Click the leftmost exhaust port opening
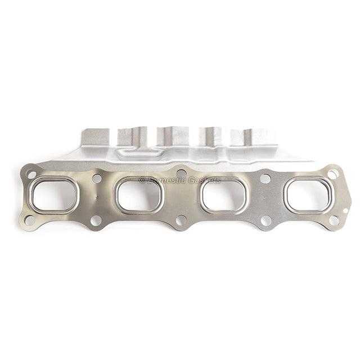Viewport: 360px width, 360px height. tap(53, 195)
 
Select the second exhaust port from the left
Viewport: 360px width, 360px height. tap(139, 195)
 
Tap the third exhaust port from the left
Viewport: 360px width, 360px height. tap(224, 195)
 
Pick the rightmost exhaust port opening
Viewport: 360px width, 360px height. tap(308, 195)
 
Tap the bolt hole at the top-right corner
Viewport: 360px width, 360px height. tap(332, 174)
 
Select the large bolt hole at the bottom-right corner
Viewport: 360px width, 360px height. tap(334, 220)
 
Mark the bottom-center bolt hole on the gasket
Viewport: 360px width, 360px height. tap(181, 220)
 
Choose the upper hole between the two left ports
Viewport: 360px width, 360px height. tap(97, 178)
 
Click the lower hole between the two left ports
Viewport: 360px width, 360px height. tap(96, 220)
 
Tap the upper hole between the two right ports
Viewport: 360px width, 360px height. tap(265, 178)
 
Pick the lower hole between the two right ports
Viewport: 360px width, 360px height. tap(266, 220)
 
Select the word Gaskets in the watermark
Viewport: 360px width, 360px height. tap(204, 181)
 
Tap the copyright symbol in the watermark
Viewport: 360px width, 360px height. tap(142, 181)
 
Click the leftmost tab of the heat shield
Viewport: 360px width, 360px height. tap(96, 137)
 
